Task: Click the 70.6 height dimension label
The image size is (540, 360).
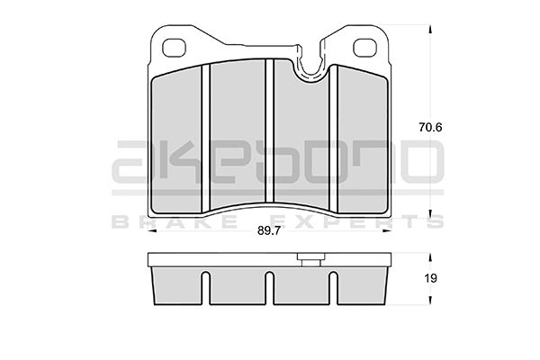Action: [x=430, y=128]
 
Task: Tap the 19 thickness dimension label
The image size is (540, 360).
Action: [x=430, y=278]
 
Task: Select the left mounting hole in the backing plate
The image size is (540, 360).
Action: [x=174, y=48]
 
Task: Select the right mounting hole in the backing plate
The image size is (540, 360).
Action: [x=365, y=48]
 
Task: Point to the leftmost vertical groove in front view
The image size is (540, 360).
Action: [x=205, y=138]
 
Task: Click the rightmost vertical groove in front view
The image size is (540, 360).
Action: [x=333, y=138]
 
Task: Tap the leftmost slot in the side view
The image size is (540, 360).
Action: [x=205, y=288]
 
